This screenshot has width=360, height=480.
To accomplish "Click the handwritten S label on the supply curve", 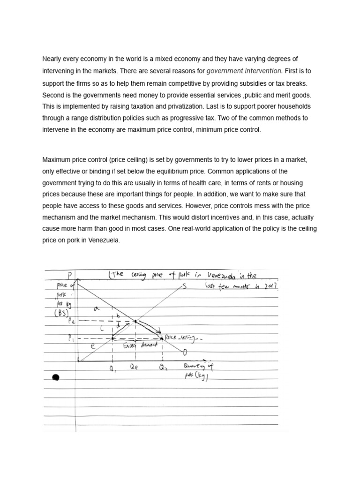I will pos(184,287).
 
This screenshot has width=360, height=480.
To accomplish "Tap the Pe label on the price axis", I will pos(71,321).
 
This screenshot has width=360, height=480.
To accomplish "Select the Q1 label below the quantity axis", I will pos(112,369).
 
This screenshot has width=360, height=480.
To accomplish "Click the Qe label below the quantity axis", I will pos(135,369).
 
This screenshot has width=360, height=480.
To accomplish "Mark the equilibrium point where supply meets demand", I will pos(135,322).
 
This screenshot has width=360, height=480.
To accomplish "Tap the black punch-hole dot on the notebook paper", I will pos(56,378).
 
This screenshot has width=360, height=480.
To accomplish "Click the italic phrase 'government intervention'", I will pos(244,71).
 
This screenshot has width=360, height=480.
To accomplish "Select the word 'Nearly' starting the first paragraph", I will pos(52,59).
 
